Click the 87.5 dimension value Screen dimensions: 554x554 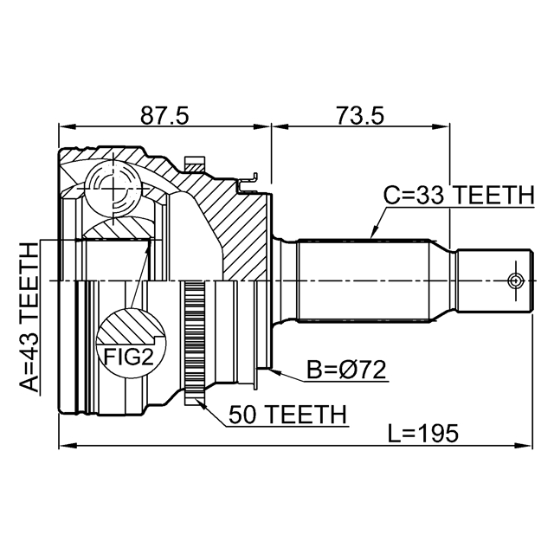pos(164,113)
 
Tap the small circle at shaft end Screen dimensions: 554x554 pos(516,281)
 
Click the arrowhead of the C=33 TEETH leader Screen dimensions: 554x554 pos(372,235)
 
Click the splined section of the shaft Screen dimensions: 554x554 pos(364,281)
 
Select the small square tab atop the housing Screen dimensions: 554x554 pos(195,162)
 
